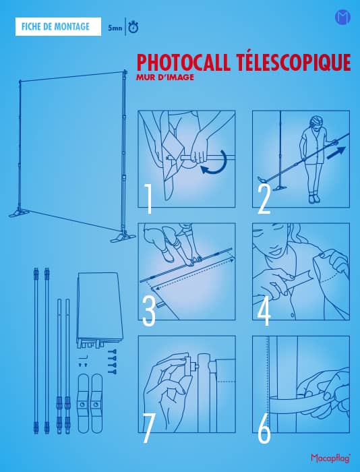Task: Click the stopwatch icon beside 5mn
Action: coord(133,27)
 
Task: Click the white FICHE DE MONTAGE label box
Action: coord(58,26)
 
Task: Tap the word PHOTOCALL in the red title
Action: coord(183,62)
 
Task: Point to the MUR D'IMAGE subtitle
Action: coord(165,78)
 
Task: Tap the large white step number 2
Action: coord(264,200)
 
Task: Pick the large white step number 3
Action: coord(149,312)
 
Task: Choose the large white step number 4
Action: coord(264,312)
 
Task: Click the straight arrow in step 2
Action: coord(336,152)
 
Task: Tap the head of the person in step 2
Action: coord(316,122)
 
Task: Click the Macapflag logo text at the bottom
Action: coord(331,458)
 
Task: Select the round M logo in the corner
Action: coord(343,17)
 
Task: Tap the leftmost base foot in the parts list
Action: coord(83,403)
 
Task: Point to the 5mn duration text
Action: coord(115,28)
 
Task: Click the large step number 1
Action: coord(148,199)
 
